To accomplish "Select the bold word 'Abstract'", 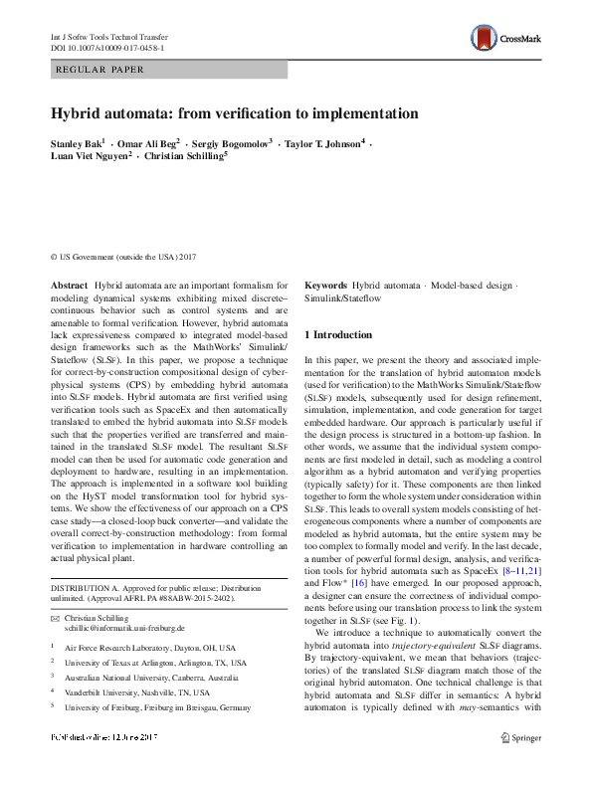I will pos(68,285).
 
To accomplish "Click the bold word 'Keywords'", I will pos(325,285).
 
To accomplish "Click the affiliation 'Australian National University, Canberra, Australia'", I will pos(150,703).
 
